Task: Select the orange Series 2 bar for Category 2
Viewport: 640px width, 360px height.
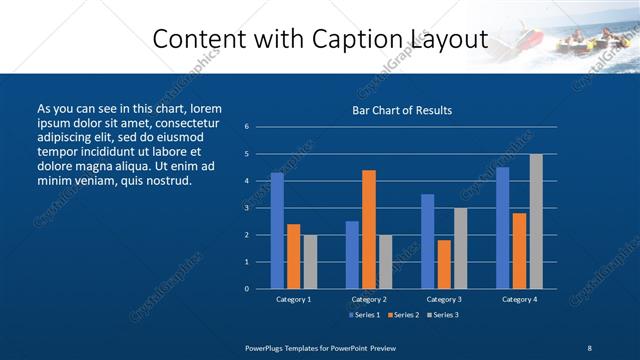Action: coord(369,229)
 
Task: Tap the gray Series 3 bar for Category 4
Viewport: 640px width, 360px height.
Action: coord(536,221)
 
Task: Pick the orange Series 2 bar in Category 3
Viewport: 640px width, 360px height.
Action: coord(444,264)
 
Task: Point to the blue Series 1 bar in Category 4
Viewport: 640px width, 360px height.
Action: coord(502,228)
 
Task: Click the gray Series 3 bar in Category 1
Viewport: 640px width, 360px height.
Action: coord(310,261)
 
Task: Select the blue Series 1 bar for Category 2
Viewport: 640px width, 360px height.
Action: coord(352,254)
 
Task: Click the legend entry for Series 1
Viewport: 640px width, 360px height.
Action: coord(364,316)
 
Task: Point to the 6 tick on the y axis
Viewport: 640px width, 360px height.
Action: coord(247,127)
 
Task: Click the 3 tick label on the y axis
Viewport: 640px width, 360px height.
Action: coord(247,208)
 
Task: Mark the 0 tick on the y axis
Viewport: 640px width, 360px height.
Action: coord(247,289)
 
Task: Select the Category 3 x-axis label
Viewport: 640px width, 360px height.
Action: coord(443,299)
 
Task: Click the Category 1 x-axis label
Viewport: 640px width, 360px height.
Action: coord(293,299)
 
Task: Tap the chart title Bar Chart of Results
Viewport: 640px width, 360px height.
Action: coord(402,110)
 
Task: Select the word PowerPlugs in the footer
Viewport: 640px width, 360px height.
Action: coord(268,347)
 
